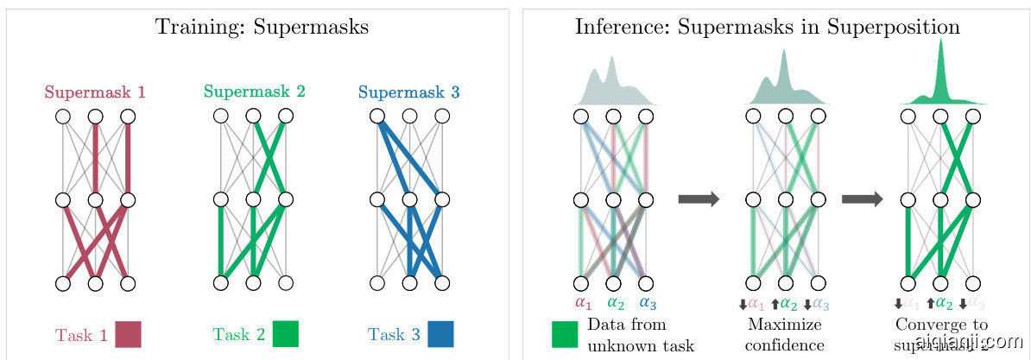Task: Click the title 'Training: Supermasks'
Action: pos(262,27)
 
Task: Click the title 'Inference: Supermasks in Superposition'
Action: pos(768,27)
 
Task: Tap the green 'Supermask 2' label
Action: pos(254,91)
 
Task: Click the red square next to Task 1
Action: pos(128,334)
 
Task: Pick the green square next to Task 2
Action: pos(285,334)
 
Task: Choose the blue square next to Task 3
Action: pos(440,334)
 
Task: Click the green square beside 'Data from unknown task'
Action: pos(564,334)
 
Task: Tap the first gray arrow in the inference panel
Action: pos(699,199)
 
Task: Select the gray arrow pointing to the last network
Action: pos(862,199)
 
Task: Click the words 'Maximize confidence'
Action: pos(784,335)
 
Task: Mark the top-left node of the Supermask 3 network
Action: pos(377,116)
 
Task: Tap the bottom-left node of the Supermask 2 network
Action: pos(221,282)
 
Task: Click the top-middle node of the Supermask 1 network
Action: pos(95,116)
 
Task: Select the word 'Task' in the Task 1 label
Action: pos(75,335)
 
